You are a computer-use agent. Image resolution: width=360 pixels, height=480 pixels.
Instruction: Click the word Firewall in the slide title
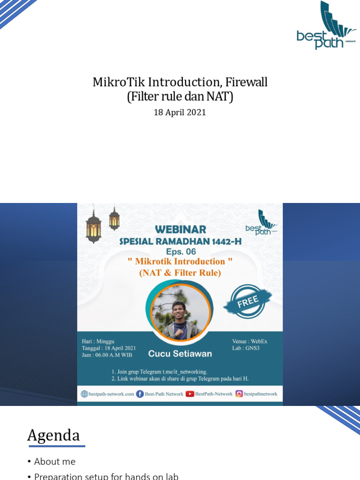pyautogui.click(x=246, y=82)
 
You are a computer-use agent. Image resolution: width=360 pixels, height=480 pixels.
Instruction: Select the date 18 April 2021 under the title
pyautogui.click(x=180, y=113)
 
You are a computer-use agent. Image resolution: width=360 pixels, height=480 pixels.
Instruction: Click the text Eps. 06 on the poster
pyautogui.click(x=181, y=251)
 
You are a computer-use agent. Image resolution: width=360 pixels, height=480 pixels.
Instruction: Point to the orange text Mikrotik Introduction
pyautogui.click(x=180, y=262)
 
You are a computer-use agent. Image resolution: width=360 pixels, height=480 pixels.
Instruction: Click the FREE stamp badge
pyautogui.click(x=248, y=300)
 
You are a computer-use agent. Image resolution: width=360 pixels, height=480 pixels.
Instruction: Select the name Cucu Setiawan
pyautogui.click(x=180, y=353)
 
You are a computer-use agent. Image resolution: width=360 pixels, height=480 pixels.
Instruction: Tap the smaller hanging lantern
pyautogui.click(x=114, y=219)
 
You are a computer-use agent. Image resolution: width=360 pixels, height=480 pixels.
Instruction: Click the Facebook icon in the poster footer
pyautogui.click(x=140, y=394)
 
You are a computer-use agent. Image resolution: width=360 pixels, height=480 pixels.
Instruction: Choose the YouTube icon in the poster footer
pyautogui.click(x=190, y=394)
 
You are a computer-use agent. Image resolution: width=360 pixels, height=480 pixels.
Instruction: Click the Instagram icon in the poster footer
pyautogui.click(x=239, y=394)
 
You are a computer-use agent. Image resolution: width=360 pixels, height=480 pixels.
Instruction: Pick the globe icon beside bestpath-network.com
pyautogui.click(x=84, y=394)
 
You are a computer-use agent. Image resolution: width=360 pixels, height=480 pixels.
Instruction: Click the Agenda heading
pyautogui.click(x=53, y=435)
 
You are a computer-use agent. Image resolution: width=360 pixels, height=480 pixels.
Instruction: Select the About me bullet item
pyautogui.click(x=54, y=462)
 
